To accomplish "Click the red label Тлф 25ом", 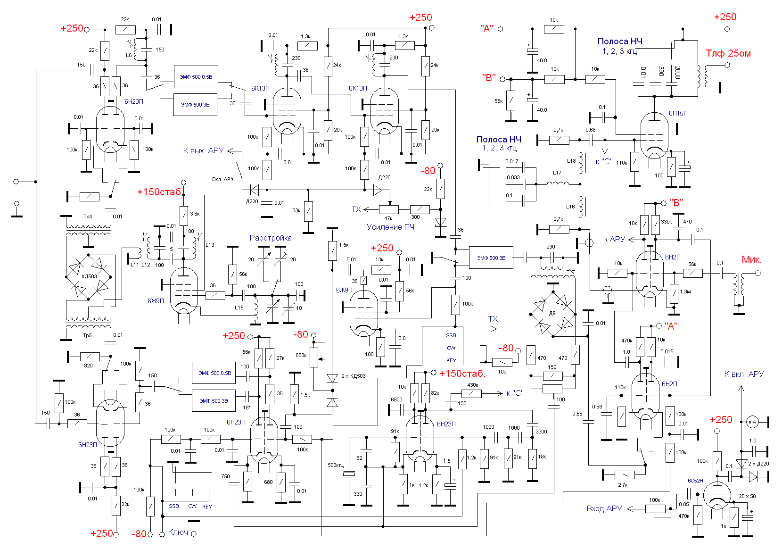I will point(728,53).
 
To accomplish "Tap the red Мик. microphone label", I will point(751,259).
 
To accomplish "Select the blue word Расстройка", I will point(271,238).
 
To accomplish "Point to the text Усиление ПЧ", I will point(390,227).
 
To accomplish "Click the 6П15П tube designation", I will point(678,113).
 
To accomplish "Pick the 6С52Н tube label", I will point(695,481).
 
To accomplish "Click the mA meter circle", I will point(752,422).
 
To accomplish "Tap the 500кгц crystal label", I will point(336,465).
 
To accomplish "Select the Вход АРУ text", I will point(604,508).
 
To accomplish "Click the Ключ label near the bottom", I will point(178,532).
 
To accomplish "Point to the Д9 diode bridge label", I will point(552,313).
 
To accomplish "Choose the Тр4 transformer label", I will point(88,216).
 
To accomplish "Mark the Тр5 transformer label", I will point(88,335).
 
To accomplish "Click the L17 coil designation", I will point(557,173).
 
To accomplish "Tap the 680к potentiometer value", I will point(301,355).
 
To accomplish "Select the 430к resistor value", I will point(472,385).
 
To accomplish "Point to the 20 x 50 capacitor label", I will point(747,496).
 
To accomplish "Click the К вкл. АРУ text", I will point(743,374).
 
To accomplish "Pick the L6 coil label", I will point(129,55).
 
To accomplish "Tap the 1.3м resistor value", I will point(685,291).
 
